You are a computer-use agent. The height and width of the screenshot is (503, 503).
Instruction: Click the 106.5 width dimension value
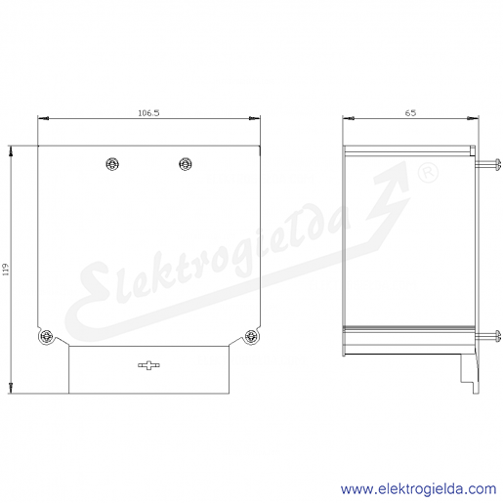coord(148,113)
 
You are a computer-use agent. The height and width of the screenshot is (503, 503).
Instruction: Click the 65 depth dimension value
coord(410,112)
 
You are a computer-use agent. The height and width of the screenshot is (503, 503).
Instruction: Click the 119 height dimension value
coord(6,270)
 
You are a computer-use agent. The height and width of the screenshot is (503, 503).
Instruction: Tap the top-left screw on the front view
coord(112,164)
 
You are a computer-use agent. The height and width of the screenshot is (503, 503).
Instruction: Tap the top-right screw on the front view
coord(186,164)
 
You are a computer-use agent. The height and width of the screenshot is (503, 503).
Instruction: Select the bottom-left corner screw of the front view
coord(47,336)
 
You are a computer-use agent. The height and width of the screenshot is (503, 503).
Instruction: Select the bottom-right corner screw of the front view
coord(251,336)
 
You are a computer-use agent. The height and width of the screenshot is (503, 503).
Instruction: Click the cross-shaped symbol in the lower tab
coord(148,365)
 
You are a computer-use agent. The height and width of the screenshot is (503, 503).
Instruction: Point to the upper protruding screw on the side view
coord(487,164)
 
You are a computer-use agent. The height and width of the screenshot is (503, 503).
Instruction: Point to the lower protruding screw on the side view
coord(487,336)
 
